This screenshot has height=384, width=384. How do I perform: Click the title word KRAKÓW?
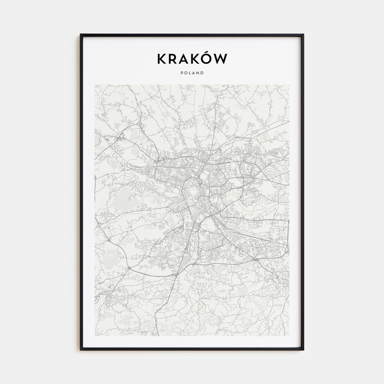pyautogui.click(x=192, y=59)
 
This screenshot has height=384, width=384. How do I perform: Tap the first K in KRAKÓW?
pyautogui.click(x=162, y=59)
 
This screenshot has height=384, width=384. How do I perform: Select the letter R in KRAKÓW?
pyautogui.click(x=173, y=59)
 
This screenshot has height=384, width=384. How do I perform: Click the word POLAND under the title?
pyautogui.click(x=192, y=73)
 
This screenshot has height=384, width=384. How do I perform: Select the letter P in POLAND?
pyautogui.click(x=182, y=73)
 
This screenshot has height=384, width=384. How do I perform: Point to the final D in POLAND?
pyautogui.click(x=202, y=73)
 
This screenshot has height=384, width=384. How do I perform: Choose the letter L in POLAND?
pyautogui.click(x=190, y=73)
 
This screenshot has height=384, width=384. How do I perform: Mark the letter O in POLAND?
pyautogui.click(x=186, y=73)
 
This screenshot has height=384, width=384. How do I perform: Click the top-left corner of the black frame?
pyautogui.click(x=81, y=35)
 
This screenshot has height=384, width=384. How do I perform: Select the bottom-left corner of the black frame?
pyautogui.click(x=81, y=349)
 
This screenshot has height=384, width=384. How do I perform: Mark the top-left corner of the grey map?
pyautogui.click(x=95, y=84)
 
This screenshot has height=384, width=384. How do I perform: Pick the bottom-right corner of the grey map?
pyautogui.click(x=289, y=335)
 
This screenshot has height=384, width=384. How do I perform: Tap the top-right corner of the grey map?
pyautogui.click(x=289, y=84)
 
